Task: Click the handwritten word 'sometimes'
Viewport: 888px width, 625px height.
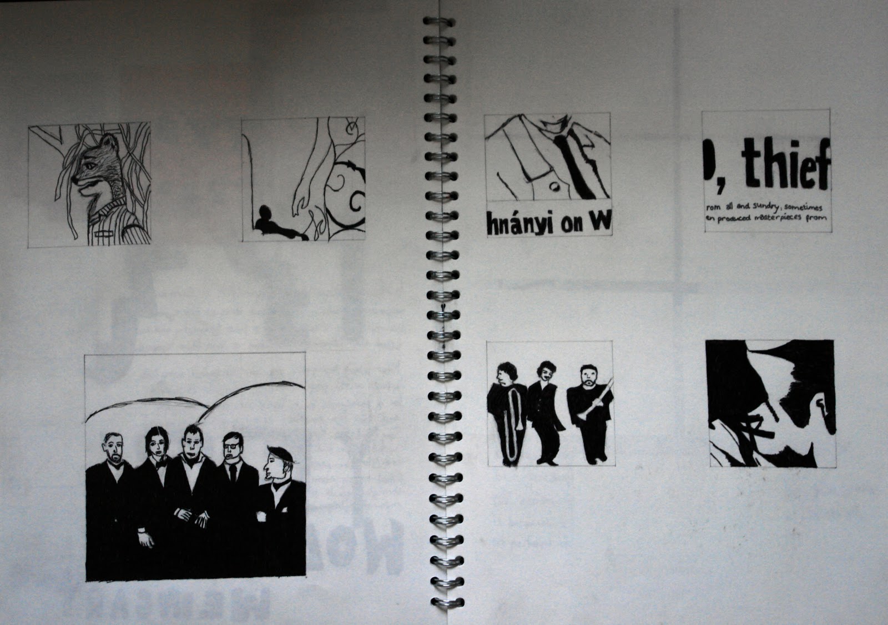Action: [809, 206]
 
